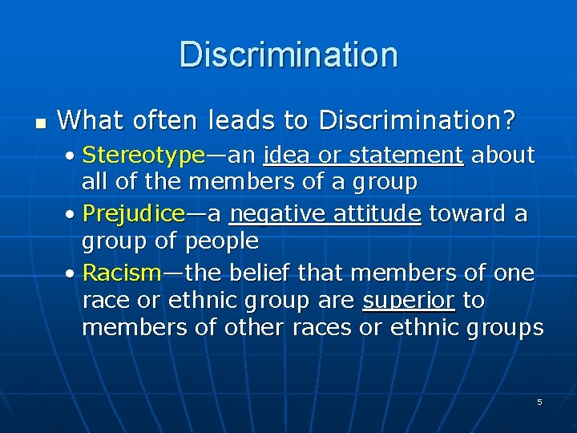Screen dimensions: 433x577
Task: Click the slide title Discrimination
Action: pyautogui.click(x=288, y=55)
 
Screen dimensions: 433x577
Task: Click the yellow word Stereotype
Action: pyautogui.click(x=143, y=154)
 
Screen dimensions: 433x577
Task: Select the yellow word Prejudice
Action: pyautogui.click(x=134, y=214)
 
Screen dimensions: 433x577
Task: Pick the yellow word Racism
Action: pyautogui.click(x=122, y=273)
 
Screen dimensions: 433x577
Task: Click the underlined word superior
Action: pyautogui.click(x=409, y=301)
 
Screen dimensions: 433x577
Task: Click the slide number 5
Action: pyautogui.click(x=539, y=402)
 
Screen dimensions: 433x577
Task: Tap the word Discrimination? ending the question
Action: pyautogui.click(x=418, y=121)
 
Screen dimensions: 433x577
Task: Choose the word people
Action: pyautogui.click(x=222, y=241)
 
